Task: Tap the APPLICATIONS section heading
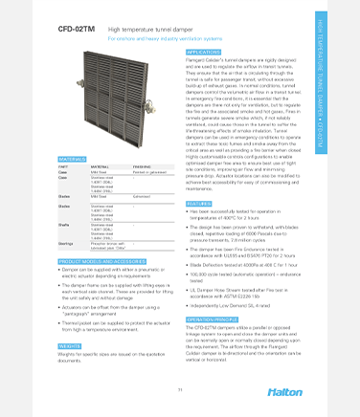(x=205, y=52)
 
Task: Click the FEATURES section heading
(x=199, y=204)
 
